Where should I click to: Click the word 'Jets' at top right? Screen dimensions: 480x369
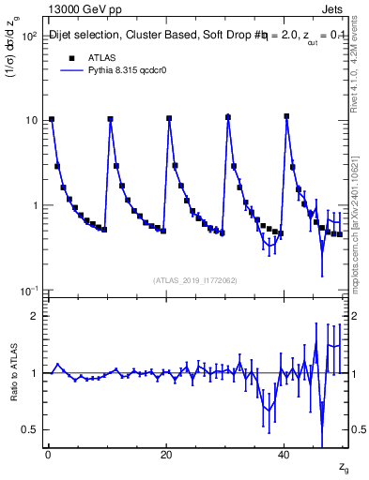[x=335, y=7]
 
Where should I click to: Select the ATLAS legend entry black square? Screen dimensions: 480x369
[x=70, y=57]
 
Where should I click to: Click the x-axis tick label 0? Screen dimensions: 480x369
[x=48, y=454]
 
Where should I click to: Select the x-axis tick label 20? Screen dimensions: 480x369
[x=166, y=454]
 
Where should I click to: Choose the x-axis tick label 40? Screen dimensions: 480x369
[x=284, y=454]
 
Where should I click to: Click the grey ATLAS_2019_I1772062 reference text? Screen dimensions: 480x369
[x=195, y=280]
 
